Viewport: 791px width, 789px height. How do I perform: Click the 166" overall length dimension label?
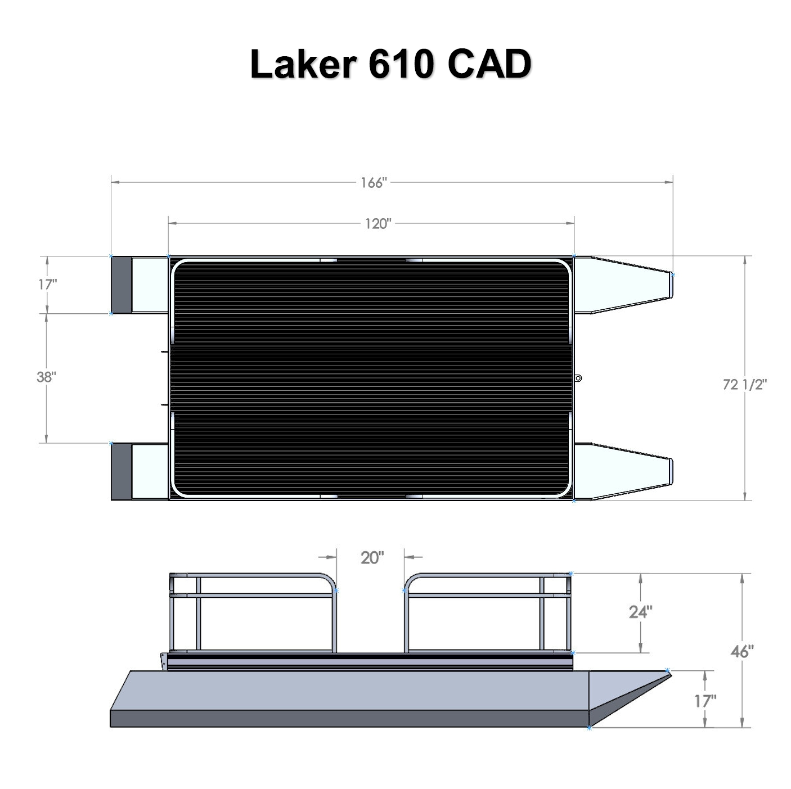click(374, 183)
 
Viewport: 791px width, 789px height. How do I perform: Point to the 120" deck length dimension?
click(377, 224)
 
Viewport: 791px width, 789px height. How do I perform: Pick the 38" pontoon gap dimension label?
click(46, 377)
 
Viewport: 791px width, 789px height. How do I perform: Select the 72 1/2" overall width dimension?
click(744, 384)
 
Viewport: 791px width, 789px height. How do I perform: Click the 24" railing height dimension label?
click(640, 612)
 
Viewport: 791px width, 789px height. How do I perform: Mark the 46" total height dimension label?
click(741, 651)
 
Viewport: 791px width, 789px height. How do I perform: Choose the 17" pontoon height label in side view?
click(704, 701)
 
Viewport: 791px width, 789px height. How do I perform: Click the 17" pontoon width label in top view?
click(47, 284)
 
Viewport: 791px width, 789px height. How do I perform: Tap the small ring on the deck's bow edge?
click(578, 378)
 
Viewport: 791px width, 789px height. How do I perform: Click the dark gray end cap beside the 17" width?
click(121, 285)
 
